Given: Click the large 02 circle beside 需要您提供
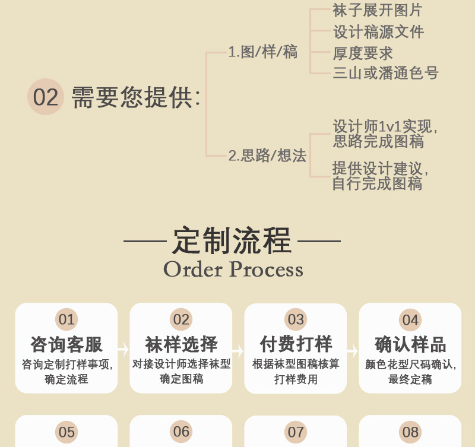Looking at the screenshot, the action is pos(46,97).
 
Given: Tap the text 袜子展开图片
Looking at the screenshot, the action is pos(378,10).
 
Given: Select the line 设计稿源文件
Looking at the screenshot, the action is pos(378,31).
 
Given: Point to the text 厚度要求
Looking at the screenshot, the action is pos(363,53).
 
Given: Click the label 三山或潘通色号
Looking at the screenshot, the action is pos(385,73).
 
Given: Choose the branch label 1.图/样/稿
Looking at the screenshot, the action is pos(262,52).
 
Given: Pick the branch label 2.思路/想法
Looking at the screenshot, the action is pos(267,156).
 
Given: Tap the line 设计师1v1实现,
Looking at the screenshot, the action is pos(385,126).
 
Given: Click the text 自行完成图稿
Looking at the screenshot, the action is pos(377,183).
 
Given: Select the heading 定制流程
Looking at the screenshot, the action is pos(232,240).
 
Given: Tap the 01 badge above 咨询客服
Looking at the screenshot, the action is pos(66,320).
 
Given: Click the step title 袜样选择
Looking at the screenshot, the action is pos(181,344).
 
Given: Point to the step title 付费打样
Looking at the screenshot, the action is pos(296,344).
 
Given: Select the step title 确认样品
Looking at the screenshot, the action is pos(410,344).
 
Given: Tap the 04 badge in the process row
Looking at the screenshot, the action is pos(410,320).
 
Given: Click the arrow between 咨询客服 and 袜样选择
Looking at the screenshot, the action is pos(123,350).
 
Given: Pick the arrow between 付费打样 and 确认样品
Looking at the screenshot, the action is pos(353,350).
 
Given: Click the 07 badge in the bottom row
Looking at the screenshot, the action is pos(296,432).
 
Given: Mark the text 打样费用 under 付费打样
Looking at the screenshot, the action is pos(296,379).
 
